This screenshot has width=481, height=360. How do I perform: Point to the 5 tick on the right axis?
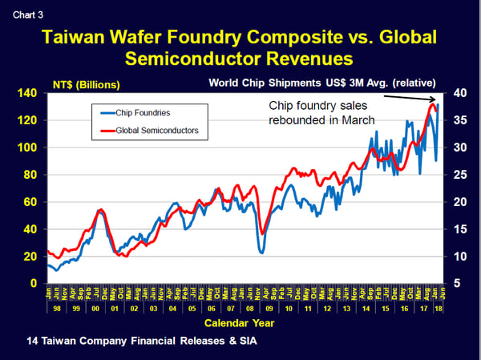pos(457,283)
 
